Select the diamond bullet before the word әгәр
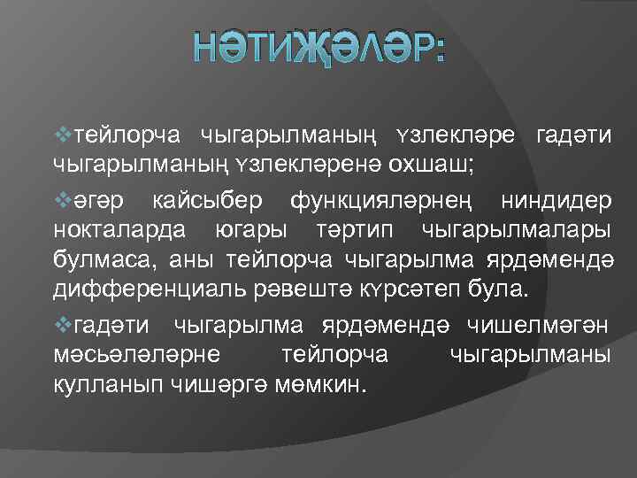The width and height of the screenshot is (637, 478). [61, 200]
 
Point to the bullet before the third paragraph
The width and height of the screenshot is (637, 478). [61, 325]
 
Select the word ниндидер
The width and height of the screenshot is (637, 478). [555, 201]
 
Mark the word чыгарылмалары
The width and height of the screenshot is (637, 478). [518, 231]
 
